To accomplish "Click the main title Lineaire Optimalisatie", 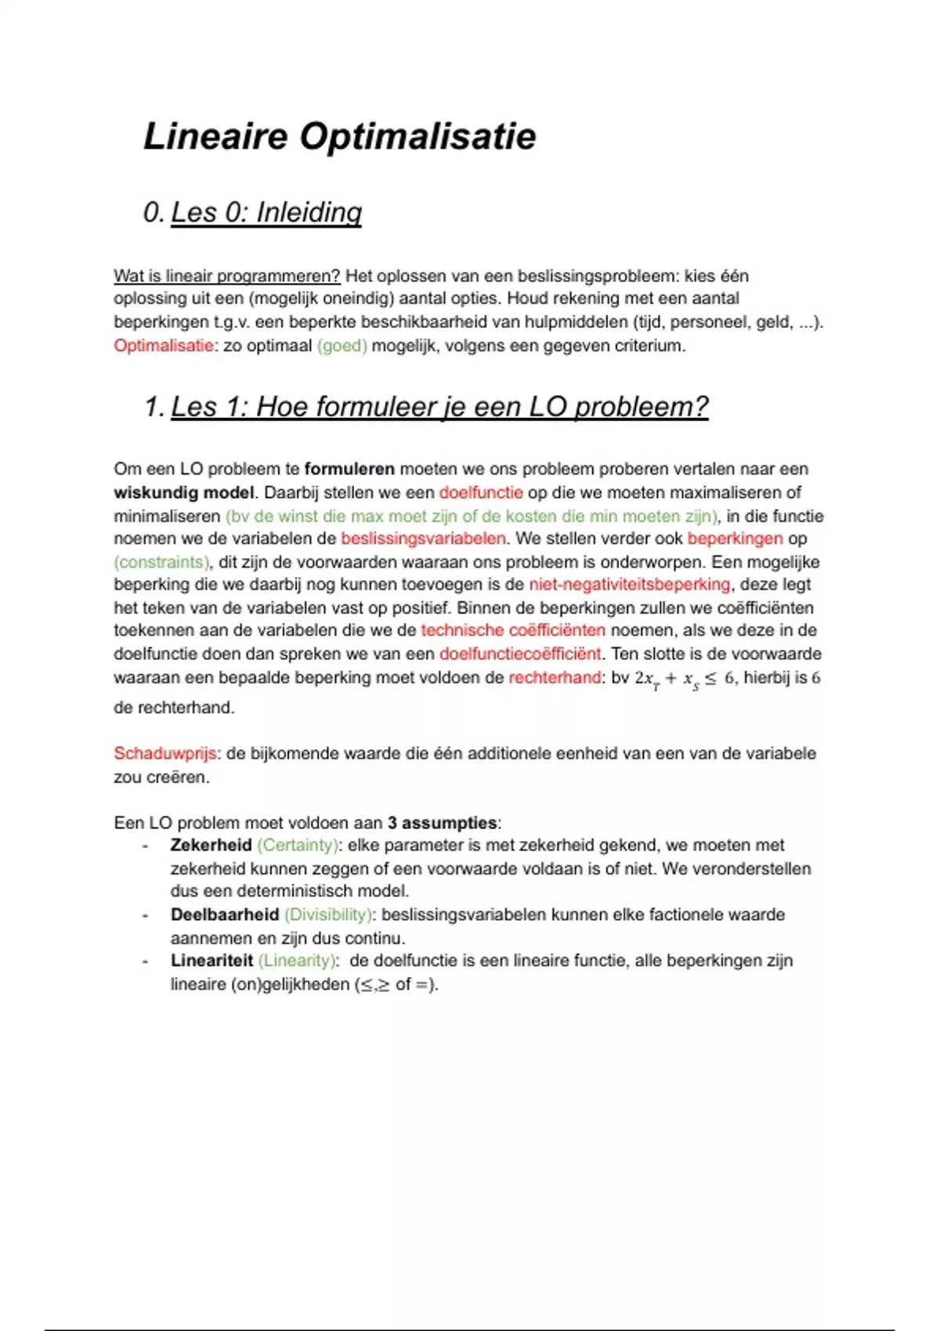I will point(339,137).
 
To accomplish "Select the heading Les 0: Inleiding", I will point(266,212).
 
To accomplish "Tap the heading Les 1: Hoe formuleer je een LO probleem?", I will point(439,407).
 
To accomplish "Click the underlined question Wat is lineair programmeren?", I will point(226,276).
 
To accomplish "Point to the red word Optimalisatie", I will point(163,345).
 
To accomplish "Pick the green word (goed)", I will point(342,345).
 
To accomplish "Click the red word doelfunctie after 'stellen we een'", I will point(480,492).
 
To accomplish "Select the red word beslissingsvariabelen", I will point(423,539).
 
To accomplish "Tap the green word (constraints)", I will point(161,561).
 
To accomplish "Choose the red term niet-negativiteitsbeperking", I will point(629,585).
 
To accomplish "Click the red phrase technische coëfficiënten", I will point(512,630).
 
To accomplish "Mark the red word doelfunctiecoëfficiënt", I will point(519,654).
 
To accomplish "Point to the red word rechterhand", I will point(554,677).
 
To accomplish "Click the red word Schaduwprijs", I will point(164,753).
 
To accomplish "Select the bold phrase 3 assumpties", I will point(442,823).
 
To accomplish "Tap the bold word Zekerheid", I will point(210,846).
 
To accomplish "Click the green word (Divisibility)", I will point(328,914).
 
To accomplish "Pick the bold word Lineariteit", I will point(211,961).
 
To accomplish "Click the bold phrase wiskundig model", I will point(183,492).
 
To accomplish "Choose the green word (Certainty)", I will point(298,846).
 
